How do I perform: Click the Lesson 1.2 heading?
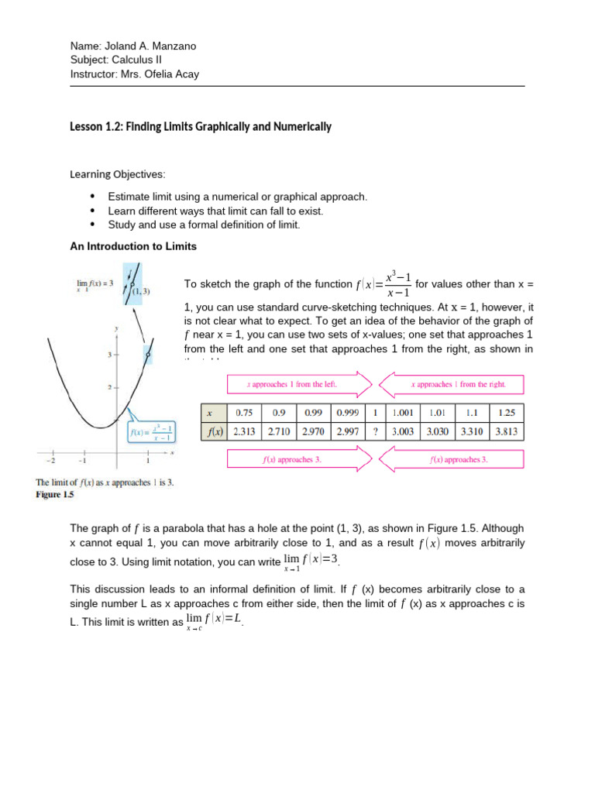201,126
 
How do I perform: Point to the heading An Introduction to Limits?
133,246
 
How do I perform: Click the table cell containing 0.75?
244,413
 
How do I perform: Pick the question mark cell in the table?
375,432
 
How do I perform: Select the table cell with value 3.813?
507,432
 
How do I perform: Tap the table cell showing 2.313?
244,432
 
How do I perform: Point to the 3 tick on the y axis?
110,354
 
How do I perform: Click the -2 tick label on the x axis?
52,459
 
